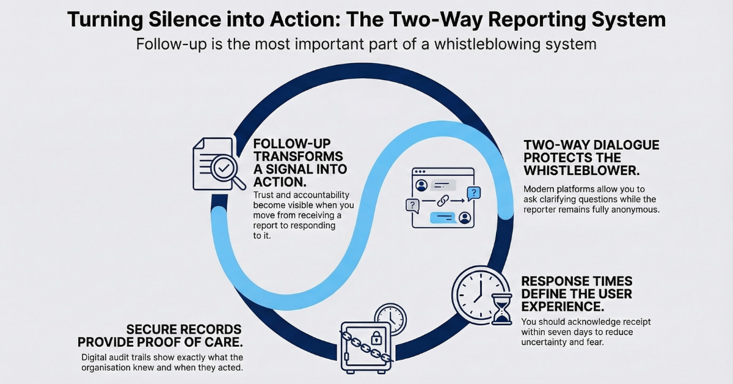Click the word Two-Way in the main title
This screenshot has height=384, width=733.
[458, 20]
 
